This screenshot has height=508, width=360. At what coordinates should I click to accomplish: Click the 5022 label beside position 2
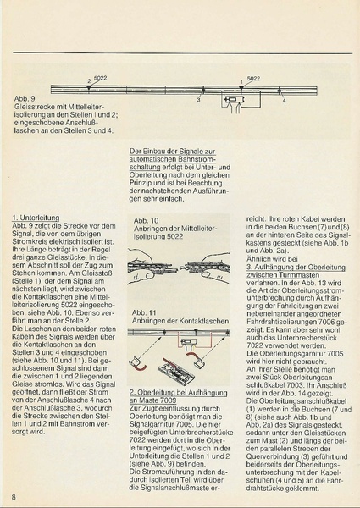[x=101, y=77]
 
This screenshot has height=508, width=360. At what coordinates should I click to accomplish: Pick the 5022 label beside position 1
[x=253, y=77]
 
